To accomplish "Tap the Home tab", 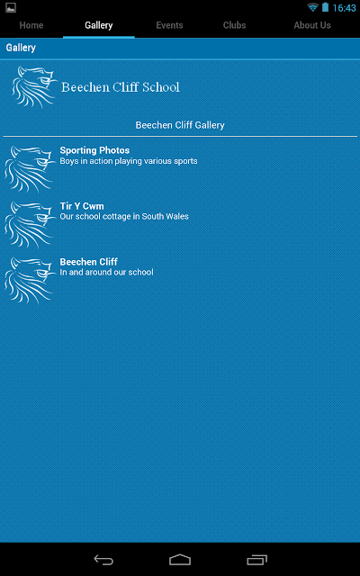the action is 31,25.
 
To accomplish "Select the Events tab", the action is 169,25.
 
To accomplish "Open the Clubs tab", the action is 234,25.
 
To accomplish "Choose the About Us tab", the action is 312,25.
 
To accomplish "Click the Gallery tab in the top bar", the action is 98,25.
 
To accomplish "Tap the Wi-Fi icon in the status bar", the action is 313,7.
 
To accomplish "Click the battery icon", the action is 325,7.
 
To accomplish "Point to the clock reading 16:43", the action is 344,8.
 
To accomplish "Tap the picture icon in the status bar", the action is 11,8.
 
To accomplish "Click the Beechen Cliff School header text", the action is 121,87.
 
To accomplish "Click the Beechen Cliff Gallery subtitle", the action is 180,125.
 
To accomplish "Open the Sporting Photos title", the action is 94,150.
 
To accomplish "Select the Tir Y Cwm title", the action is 82,206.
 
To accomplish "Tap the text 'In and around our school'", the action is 106,272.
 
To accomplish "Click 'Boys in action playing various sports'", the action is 129,161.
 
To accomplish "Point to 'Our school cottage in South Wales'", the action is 124,216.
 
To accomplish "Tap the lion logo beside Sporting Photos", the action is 30,169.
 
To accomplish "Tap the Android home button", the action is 180,560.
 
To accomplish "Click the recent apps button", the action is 256,560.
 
